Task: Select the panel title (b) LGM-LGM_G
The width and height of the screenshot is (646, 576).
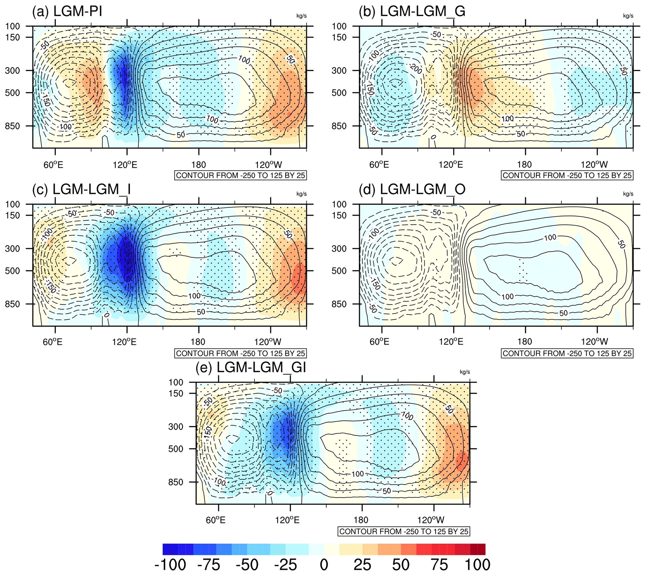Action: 412,12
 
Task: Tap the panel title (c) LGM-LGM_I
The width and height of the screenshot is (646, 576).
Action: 81,190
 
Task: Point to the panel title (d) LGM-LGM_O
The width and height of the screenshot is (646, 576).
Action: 412,190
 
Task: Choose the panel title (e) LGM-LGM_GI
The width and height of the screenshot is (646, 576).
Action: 251,368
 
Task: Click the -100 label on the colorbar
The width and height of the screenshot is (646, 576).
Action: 170,565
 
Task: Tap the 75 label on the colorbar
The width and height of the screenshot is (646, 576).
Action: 439,565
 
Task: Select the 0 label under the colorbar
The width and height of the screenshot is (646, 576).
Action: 324,565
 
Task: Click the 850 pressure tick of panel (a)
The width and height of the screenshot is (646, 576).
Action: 12,126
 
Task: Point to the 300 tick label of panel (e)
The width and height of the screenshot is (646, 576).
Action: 176,427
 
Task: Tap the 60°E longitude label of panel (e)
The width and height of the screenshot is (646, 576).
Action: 216,520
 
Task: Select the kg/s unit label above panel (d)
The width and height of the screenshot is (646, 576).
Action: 628,194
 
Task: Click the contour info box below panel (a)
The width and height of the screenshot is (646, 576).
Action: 240,175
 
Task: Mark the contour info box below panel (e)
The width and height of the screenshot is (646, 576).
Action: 404,531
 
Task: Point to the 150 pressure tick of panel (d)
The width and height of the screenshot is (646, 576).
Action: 339,216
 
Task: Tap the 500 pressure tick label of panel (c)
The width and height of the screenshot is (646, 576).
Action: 12,271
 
